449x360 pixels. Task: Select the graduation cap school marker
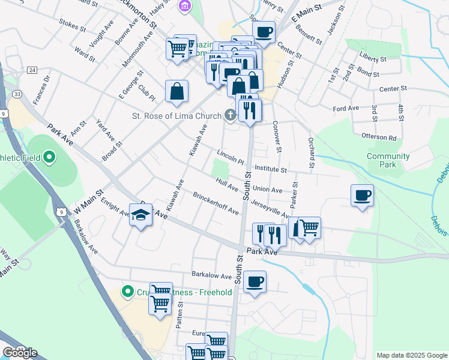pyautogui.click(x=140, y=215)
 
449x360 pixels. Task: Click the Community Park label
pyautogui.click(x=388, y=160)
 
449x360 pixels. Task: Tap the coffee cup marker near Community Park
pyautogui.click(x=362, y=196)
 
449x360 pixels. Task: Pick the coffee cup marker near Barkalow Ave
pyautogui.click(x=255, y=282)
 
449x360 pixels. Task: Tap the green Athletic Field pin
pyautogui.click(x=50, y=158)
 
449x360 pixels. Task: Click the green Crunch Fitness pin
pyautogui.click(x=127, y=293)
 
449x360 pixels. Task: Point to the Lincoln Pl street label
pyautogui.click(x=231, y=158)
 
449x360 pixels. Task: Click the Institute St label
pyautogui.click(x=273, y=169)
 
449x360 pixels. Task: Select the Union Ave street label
pyautogui.click(x=267, y=190)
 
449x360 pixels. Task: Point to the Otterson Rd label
pyautogui.click(x=384, y=137)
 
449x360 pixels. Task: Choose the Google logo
pyautogui.click(x=20, y=353)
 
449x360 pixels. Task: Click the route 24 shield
pyautogui.click(x=32, y=70)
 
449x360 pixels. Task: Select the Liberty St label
pyautogui.click(x=373, y=60)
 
